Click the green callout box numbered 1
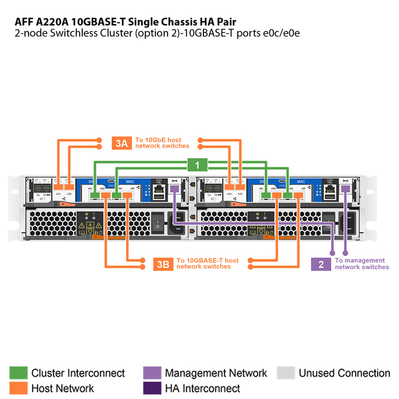click(x=197, y=165)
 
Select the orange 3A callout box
click(x=122, y=143)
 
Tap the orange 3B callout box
click(x=163, y=264)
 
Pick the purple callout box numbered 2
click(x=321, y=264)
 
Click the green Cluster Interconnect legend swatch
click(x=18, y=373)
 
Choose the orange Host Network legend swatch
click(x=18, y=388)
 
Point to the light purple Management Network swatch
click(x=152, y=373)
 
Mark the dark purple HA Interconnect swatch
click(x=152, y=388)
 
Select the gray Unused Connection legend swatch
click(x=286, y=373)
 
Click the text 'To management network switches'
click(x=361, y=264)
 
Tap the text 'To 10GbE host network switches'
click(x=162, y=143)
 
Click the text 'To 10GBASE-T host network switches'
click(x=207, y=264)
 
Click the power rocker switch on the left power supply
click(x=157, y=223)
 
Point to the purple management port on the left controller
click(x=174, y=189)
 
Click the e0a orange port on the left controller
click(x=59, y=187)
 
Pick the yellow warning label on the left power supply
click(x=90, y=228)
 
